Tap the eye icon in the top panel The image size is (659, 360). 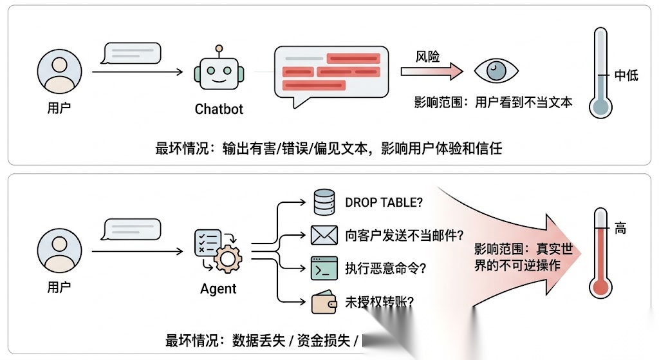(496, 71)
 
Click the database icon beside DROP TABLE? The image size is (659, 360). (323, 202)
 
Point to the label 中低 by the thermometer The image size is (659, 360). (626, 76)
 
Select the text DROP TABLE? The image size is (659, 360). (384, 202)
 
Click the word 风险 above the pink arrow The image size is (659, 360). (427, 57)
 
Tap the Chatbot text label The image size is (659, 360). (219, 109)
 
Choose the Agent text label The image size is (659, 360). (218, 289)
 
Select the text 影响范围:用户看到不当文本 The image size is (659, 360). (493, 102)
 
